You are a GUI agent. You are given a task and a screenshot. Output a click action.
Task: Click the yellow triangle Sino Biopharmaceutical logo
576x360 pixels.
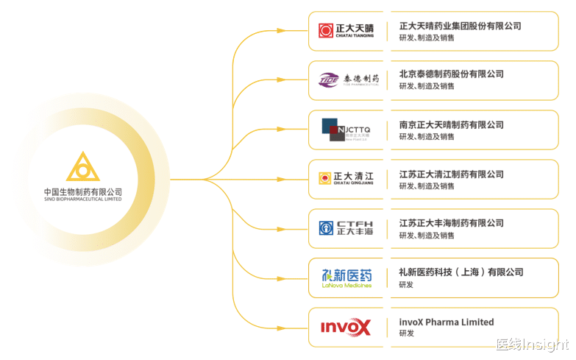(x=82, y=167)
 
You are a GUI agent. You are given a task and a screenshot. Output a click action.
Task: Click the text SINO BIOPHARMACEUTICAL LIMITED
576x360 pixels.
(x=82, y=200)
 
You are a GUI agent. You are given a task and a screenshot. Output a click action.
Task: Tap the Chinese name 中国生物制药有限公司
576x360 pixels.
(x=82, y=191)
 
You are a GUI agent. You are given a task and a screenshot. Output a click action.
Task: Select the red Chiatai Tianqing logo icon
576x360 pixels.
(x=326, y=31)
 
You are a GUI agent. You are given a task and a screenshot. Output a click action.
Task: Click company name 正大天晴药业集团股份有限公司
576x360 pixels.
(x=460, y=26)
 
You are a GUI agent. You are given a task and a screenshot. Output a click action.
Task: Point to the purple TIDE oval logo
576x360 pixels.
(x=329, y=79)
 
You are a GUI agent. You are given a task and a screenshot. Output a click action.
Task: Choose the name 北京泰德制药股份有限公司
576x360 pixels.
(x=451, y=74)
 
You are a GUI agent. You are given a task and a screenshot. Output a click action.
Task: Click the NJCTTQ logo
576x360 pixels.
(x=346, y=130)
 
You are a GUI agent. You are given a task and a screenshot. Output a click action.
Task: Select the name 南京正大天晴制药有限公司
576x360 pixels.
(x=451, y=125)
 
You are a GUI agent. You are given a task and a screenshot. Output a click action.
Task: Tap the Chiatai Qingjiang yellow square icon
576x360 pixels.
(x=324, y=178)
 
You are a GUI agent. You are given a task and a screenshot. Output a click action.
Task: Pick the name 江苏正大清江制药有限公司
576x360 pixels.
(x=451, y=174)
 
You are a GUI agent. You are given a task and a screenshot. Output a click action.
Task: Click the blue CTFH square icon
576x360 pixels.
(x=326, y=227)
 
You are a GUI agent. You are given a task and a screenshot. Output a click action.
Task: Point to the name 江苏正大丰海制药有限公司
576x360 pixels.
(x=451, y=223)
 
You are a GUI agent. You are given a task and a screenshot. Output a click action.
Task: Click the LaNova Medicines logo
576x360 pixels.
(x=346, y=277)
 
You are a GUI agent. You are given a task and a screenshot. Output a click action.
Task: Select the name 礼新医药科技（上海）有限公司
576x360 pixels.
(x=461, y=272)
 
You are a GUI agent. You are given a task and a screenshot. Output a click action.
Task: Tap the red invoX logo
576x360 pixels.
(x=346, y=327)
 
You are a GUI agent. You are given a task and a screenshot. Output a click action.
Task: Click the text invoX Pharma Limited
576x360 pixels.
(x=447, y=322)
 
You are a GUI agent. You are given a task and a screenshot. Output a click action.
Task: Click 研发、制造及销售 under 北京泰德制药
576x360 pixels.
(x=427, y=86)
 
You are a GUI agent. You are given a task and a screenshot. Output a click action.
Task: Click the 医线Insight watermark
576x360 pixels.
(x=532, y=345)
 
